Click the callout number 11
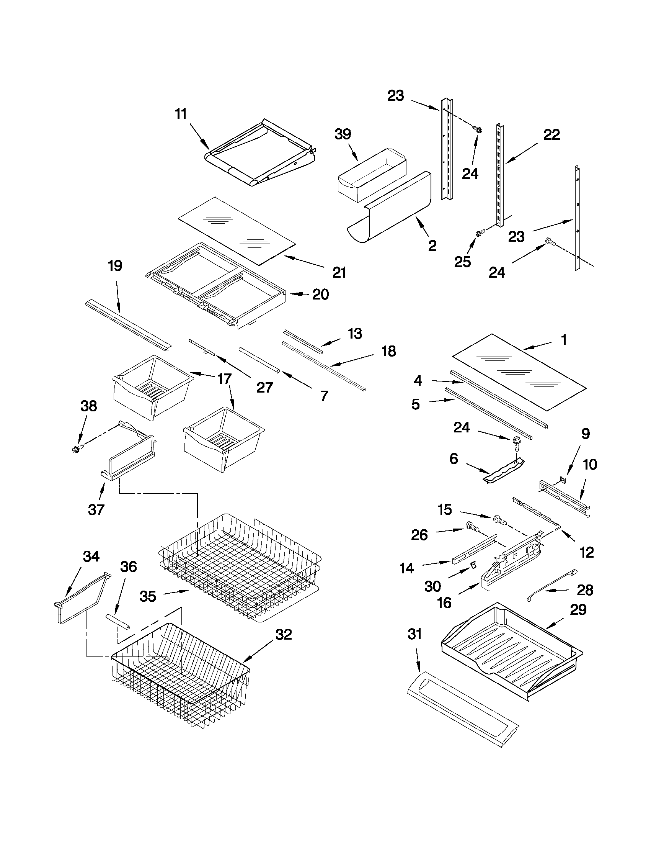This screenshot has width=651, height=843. coord(181,114)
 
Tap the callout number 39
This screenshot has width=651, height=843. coord(343,134)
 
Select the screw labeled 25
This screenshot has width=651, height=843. coord(480,233)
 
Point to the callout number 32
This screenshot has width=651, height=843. coord(284,634)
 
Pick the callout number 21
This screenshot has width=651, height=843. coord(339,272)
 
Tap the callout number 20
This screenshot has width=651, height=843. coord(320,295)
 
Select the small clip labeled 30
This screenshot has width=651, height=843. coord(472,565)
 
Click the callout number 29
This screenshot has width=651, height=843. coord(578,610)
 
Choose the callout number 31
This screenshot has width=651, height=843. coord(415,634)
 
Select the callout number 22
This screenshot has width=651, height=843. coord(551,135)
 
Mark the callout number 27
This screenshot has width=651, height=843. coord(265,387)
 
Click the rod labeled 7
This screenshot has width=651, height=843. coord(259,360)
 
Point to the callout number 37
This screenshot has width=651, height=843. coord(96,509)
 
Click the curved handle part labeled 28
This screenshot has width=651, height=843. coord(551,583)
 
